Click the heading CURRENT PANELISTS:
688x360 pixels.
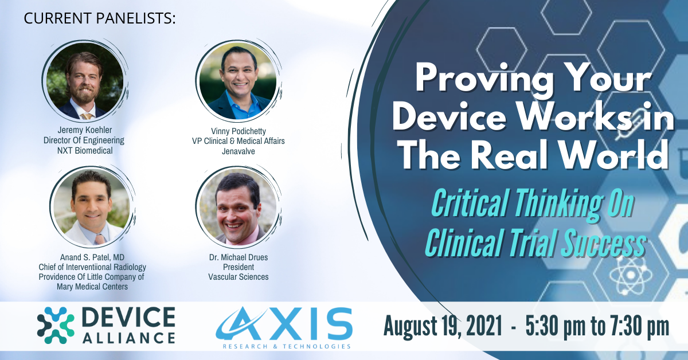coord(100,18)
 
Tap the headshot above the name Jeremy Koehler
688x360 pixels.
coord(84,81)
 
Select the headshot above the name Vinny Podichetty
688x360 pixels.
coord(238,81)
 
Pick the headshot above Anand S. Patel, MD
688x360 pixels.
coord(91,208)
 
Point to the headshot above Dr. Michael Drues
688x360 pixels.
coord(238,208)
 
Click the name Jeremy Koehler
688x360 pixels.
coord(84,130)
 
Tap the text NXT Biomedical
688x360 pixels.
coord(85,151)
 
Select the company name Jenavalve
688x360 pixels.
coord(239,151)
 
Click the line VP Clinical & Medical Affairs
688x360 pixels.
coord(239,141)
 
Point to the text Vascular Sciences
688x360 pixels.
coord(239,277)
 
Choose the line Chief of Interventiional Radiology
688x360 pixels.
coord(92,267)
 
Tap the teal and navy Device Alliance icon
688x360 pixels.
coord(56,325)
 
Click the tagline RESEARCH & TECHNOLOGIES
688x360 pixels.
coord(287,346)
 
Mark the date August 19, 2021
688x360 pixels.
coord(443,326)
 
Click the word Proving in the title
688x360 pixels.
coord(484,78)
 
